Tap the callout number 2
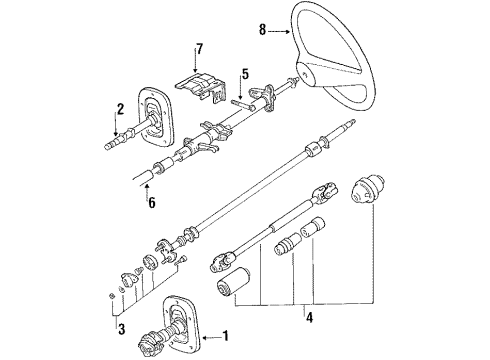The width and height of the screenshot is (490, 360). (x=118, y=109)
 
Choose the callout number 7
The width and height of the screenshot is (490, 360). (x=198, y=49)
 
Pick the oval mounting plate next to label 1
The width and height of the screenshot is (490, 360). (x=184, y=320)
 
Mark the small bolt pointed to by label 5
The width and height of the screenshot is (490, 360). (x=241, y=100)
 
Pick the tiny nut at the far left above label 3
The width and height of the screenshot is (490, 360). (x=108, y=296)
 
